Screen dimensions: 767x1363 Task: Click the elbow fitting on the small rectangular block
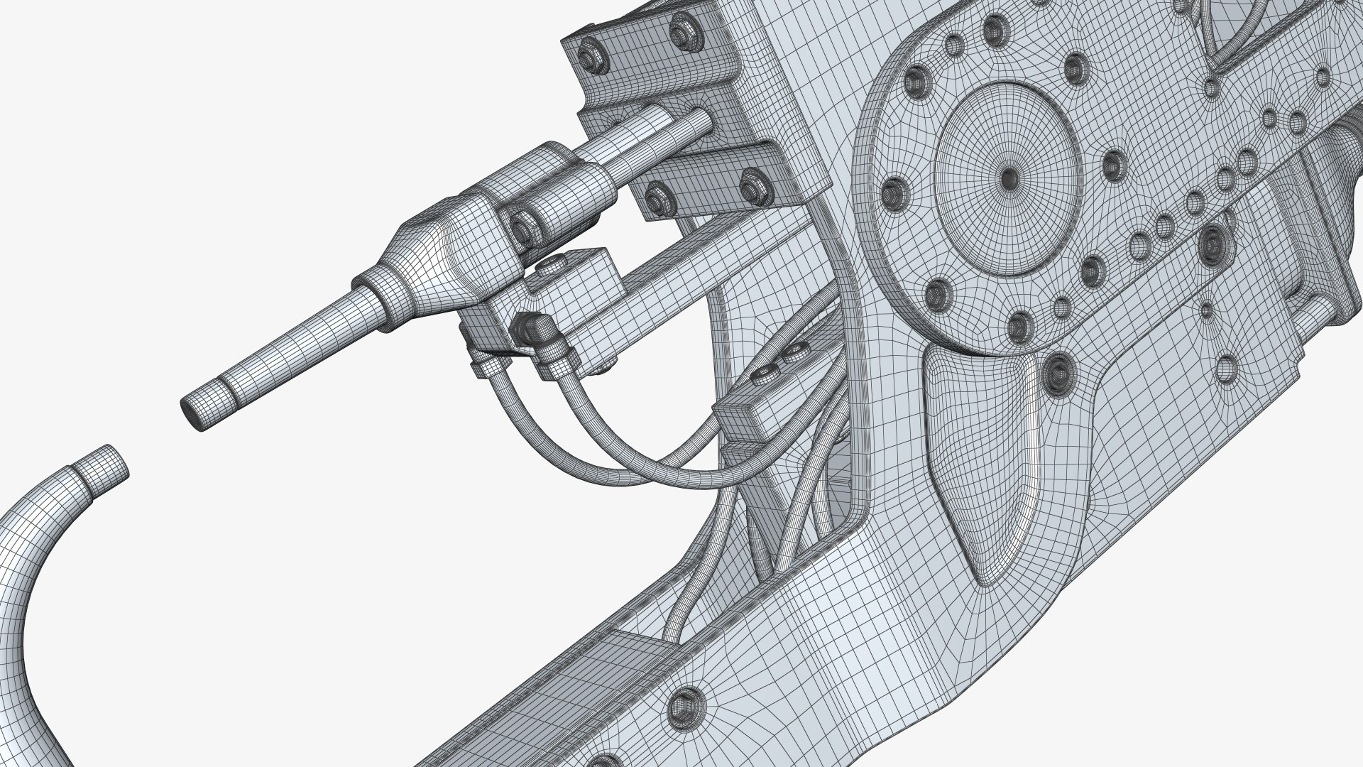point(532,327)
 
